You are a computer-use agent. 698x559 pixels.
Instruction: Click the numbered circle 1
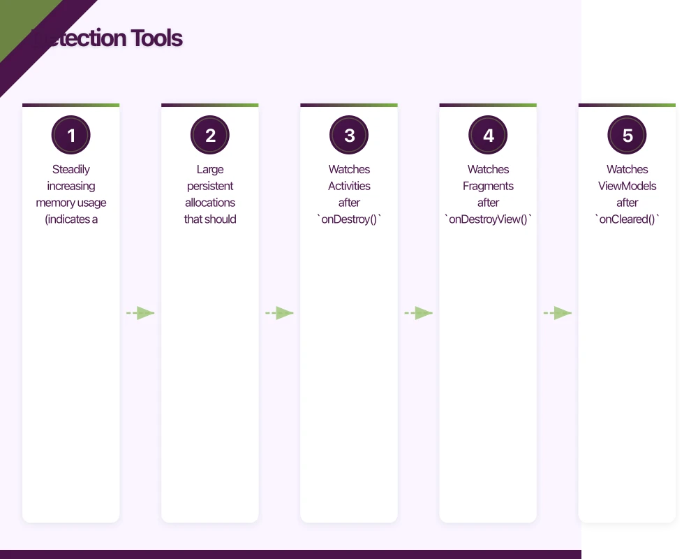[71, 136]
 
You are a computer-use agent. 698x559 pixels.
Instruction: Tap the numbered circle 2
[210, 136]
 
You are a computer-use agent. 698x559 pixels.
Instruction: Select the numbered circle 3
[349, 136]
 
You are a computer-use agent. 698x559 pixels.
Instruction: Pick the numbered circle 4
[488, 136]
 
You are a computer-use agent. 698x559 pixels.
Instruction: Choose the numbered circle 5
[627, 136]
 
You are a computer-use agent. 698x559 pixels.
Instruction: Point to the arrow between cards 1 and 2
[140, 313]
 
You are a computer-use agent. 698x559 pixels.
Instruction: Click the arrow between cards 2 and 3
[279, 313]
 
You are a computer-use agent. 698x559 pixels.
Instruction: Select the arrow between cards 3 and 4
[418, 313]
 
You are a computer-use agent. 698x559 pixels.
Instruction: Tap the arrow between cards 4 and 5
[558, 313]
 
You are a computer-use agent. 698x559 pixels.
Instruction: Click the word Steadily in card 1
[71, 169]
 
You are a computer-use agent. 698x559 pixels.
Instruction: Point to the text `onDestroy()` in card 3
[349, 219]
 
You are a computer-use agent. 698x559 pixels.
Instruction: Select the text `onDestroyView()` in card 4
[488, 219]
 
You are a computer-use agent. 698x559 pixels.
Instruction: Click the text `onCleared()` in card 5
[627, 219]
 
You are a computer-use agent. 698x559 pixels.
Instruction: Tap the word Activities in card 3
[349, 186]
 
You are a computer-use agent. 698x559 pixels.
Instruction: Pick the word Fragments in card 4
[488, 186]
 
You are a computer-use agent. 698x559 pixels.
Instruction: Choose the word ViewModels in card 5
[627, 186]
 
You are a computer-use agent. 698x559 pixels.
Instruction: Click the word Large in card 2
[210, 169]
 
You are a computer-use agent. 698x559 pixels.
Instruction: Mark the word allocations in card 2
[210, 203]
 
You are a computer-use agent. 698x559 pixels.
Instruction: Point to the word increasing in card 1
[71, 186]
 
